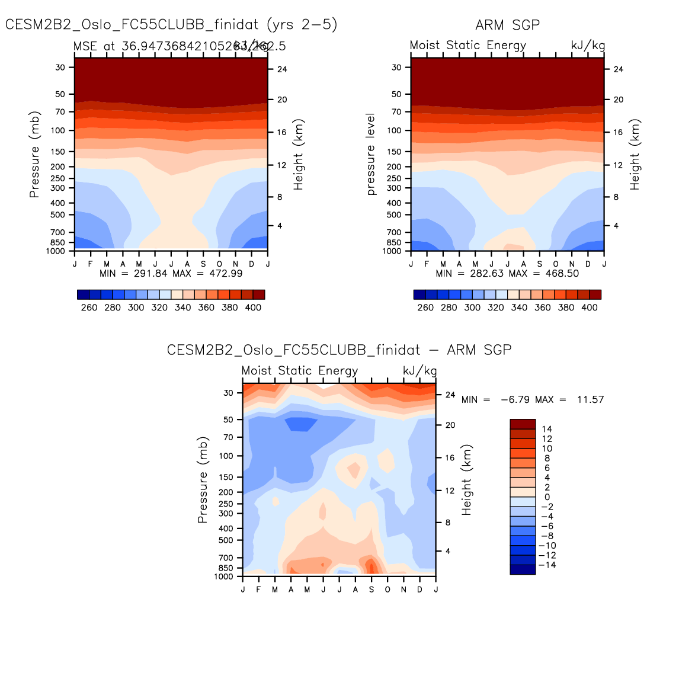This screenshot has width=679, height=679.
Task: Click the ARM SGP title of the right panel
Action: click(x=507, y=25)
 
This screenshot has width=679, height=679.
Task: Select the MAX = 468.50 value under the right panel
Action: click(x=544, y=273)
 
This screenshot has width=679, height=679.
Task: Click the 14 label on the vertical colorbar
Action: click(x=547, y=429)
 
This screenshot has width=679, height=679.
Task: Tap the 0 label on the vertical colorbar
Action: click(x=547, y=497)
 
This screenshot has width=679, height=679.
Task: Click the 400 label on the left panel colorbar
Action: click(x=253, y=308)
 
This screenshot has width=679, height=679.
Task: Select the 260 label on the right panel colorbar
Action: click(x=425, y=308)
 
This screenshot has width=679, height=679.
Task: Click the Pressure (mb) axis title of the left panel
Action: click(x=34, y=155)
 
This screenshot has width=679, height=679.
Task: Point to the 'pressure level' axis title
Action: click(x=371, y=155)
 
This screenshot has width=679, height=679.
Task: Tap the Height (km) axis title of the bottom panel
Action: click(x=467, y=480)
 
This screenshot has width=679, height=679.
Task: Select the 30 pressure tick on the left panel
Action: click(x=60, y=68)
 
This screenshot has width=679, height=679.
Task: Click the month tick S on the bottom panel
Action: click(x=371, y=590)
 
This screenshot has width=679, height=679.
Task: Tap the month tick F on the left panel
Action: click(x=91, y=264)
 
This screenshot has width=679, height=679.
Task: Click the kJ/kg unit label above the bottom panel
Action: click(x=419, y=371)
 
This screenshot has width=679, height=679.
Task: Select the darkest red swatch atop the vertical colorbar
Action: click(x=523, y=424)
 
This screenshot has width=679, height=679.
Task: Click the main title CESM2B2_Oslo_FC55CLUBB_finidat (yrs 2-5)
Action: click(x=171, y=24)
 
